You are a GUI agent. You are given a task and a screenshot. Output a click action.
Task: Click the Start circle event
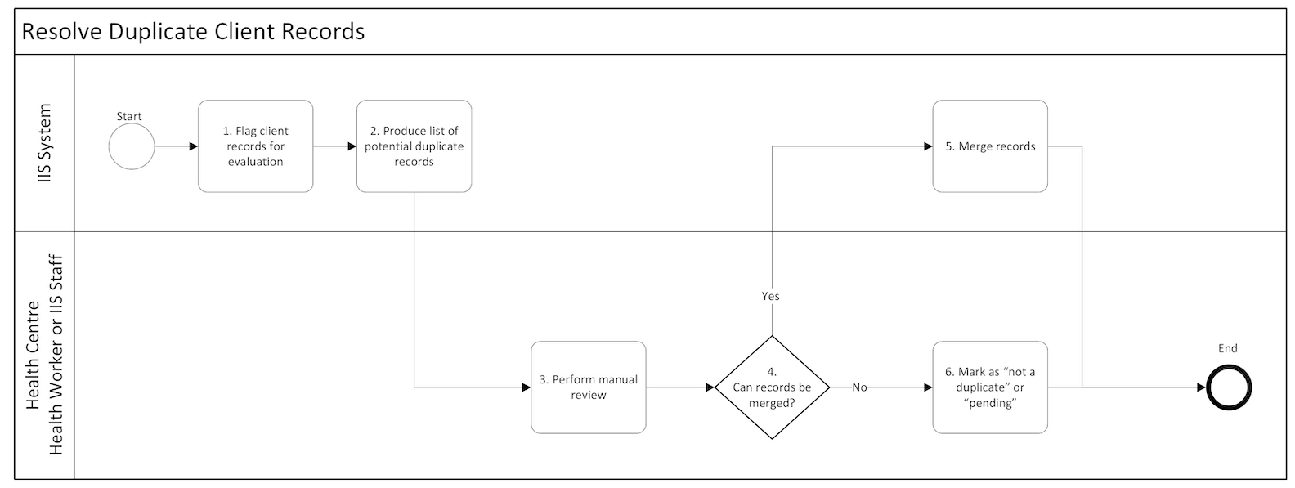[132, 147]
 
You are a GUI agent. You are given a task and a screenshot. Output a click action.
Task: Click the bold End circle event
[1228, 387]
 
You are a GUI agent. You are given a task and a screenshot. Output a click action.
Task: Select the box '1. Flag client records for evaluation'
[255, 146]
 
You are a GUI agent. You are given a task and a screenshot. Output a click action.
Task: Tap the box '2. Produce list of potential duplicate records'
[414, 146]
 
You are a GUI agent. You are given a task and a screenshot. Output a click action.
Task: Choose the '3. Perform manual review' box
[588, 387]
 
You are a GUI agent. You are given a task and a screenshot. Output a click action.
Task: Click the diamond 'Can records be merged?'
[772, 387]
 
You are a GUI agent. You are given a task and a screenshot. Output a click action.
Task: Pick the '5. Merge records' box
[989, 146]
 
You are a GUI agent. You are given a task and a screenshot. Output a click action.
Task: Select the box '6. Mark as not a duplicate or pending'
[989, 387]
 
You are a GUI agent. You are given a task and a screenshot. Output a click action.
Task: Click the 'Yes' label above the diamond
[770, 296]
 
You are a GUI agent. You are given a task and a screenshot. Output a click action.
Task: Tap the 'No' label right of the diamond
[859, 387]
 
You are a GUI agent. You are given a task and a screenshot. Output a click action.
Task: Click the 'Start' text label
[129, 116]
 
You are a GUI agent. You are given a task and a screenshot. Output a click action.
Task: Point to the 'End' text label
[1227, 348]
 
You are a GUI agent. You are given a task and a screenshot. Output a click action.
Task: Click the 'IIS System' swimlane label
[45, 143]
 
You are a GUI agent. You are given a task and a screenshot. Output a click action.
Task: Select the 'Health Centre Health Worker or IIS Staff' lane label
[45, 356]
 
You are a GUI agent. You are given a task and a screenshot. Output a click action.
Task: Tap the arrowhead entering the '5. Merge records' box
[928, 146]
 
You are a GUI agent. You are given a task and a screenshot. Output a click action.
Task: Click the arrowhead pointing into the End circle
[1201, 387]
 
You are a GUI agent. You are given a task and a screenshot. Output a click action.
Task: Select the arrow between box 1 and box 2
[334, 146]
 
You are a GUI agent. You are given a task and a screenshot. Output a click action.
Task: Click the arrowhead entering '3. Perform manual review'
[527, 387]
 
